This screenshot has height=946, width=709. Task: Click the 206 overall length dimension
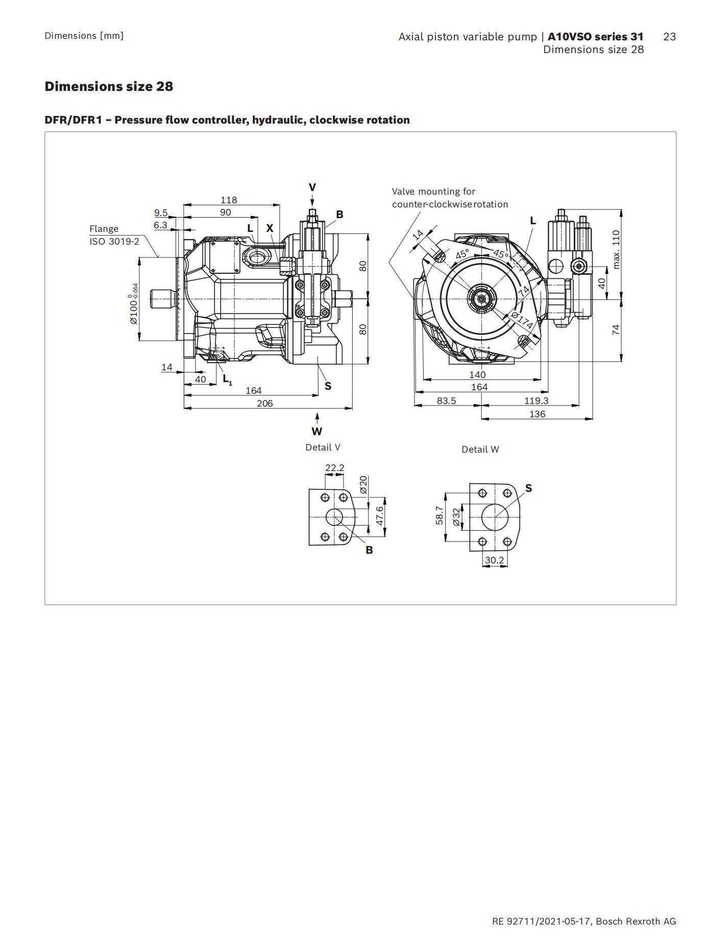pos(264,403)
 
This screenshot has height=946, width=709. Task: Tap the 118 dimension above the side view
pos(229,200)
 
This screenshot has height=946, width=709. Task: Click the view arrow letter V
pos(312,187)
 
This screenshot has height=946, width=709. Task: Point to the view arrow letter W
pos(317,432)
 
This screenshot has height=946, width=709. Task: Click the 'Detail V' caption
pos(323,447)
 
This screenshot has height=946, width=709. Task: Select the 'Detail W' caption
pos(480,450)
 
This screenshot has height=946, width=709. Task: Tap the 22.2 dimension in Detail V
pos(335,467)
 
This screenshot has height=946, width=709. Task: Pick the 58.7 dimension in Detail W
pos(439,516)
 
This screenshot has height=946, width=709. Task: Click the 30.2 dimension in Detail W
pos(494,560)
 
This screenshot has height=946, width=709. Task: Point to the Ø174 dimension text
pos(522,320)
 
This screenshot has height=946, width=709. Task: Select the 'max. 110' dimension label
pos(616,249)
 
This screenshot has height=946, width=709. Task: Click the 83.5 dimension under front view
pos(446,400)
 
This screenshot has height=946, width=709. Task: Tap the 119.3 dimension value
pos(536,400)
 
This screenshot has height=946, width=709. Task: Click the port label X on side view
pos(270,228)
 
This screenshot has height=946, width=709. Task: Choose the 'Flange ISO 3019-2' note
pos(114,235)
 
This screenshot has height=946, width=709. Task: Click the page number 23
pos(670,36)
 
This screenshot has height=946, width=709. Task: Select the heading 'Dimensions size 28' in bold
pos(109,86)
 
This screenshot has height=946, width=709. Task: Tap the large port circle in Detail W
pos(495,517)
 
